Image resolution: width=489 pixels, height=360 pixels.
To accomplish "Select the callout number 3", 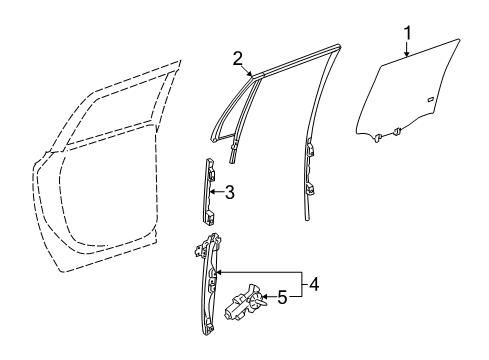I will [x=230, y=191].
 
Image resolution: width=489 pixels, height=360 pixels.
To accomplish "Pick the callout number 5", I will [x=281, y=296].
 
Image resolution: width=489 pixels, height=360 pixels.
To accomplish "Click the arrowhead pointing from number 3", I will [x=219, y=191].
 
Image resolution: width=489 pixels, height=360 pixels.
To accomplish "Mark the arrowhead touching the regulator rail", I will [x=219, y=271].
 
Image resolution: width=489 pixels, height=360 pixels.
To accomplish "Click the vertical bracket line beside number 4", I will [x=300, y=284].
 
